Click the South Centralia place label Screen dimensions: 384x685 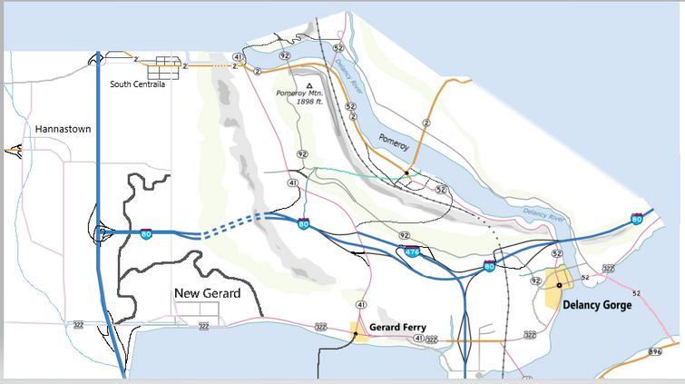[x=137, y=84]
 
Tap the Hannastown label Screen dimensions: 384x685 [x=64, y=130]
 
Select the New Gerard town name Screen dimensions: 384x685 [x=207, y=293]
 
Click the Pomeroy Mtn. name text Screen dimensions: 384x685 [x=301, y=93]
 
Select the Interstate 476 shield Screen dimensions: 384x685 [x=413, y=250]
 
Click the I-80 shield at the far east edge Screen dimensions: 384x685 [x=637, y=218]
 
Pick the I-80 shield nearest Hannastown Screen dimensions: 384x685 [x=146, y=233]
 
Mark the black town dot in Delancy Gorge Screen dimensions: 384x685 [x=559, y=285]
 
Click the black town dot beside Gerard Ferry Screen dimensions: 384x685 [x=355, y=334]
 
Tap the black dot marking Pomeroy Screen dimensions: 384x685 [x=407, y=172]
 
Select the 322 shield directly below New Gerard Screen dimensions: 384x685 [x=203, y=325]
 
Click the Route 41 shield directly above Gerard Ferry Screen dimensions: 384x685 [x=361, y=304]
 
